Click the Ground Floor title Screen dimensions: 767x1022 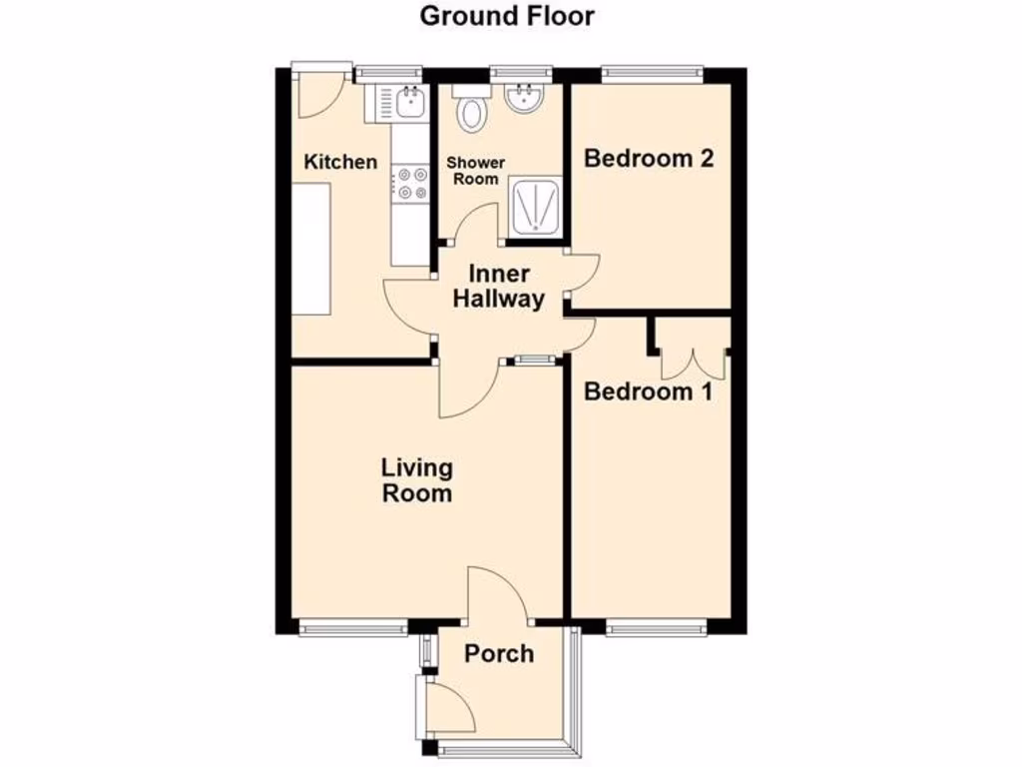coord(506,16)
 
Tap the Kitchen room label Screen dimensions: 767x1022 coord(340,162)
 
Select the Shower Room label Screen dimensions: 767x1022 coord(475,171)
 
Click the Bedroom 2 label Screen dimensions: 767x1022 coord(649,158)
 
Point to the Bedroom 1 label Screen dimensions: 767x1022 coord(648,391)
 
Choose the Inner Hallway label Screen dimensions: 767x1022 coord(499,287)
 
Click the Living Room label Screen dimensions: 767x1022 coord(416,479)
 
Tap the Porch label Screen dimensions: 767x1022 coord(499,654)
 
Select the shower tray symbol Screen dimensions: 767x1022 coord(535,208)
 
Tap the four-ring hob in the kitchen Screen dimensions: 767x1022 coord(408,182)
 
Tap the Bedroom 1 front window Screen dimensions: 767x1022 coord(656,627)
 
